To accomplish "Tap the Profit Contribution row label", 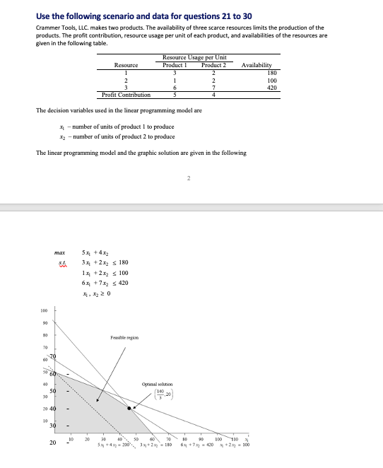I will point(126,95).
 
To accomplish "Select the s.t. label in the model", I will point(59,263).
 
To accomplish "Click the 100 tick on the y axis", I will point(32,310).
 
